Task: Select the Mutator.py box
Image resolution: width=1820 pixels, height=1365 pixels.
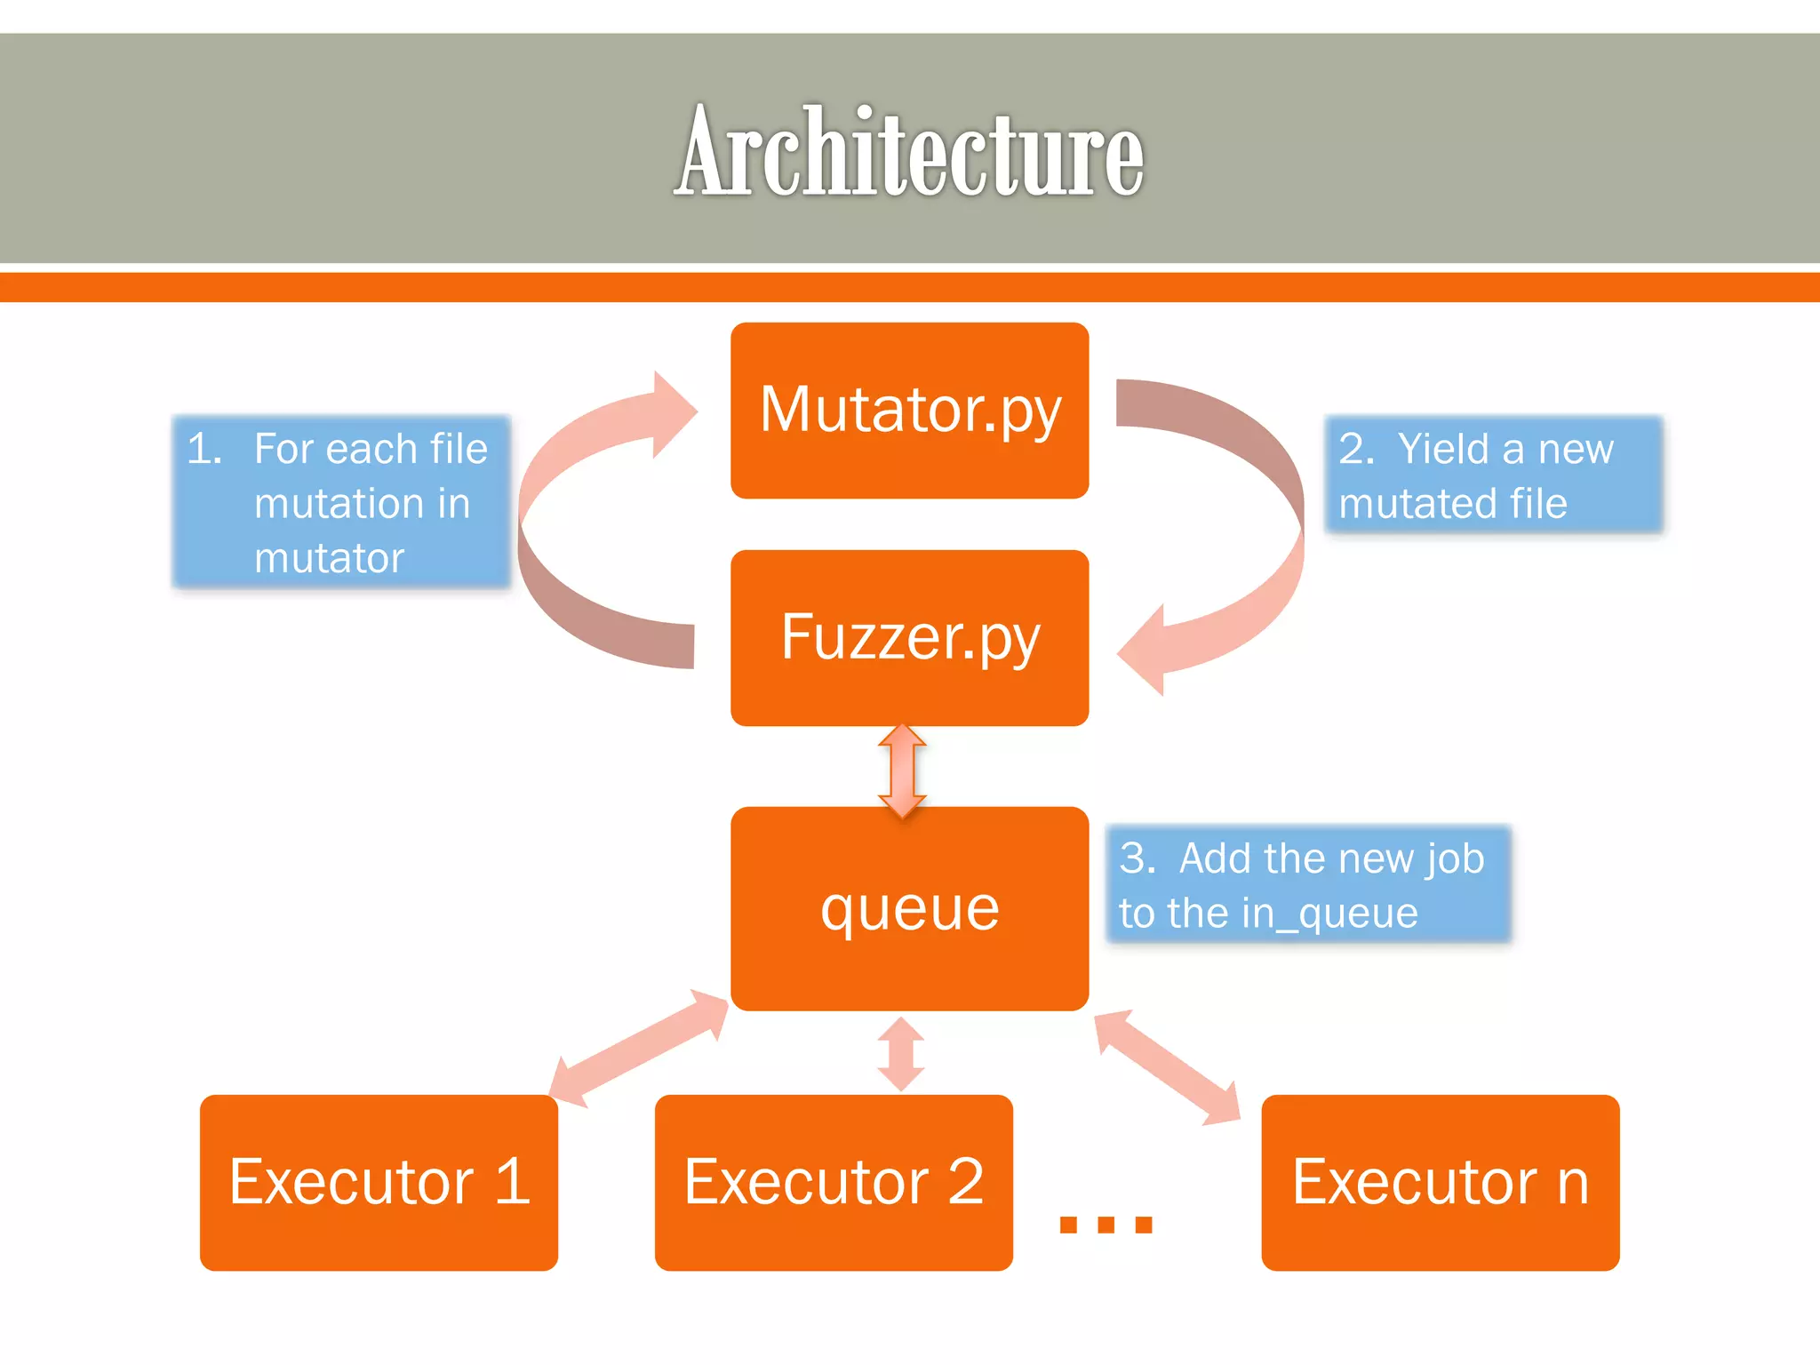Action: coord(909,410)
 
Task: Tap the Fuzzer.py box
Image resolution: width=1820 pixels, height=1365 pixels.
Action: coord(909,637)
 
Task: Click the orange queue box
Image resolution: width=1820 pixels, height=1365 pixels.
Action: coord(909,908)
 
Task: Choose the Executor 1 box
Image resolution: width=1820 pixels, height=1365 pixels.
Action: coord(379,1182)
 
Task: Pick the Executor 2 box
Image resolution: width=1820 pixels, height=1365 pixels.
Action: coord(834,1182)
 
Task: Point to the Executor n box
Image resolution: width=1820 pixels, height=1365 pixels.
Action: coord(1440,1182)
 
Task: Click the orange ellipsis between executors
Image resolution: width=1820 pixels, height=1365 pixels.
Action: coord(1106,1225)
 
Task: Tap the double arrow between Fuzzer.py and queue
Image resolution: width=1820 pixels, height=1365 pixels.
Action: coord(902,770)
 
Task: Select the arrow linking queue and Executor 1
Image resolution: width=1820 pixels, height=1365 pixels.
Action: coord(638,1049)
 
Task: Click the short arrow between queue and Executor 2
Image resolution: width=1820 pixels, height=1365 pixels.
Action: coord(901,1054)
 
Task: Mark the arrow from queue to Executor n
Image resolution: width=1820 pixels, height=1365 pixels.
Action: coord(1166,1066)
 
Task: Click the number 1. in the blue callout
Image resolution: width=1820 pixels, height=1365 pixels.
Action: coord(204,449)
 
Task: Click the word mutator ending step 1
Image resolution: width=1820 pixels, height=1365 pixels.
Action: coord(329,558)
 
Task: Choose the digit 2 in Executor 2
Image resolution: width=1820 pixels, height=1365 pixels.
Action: coord(966,1182)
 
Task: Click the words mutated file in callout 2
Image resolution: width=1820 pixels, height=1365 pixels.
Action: coord(1452,504)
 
